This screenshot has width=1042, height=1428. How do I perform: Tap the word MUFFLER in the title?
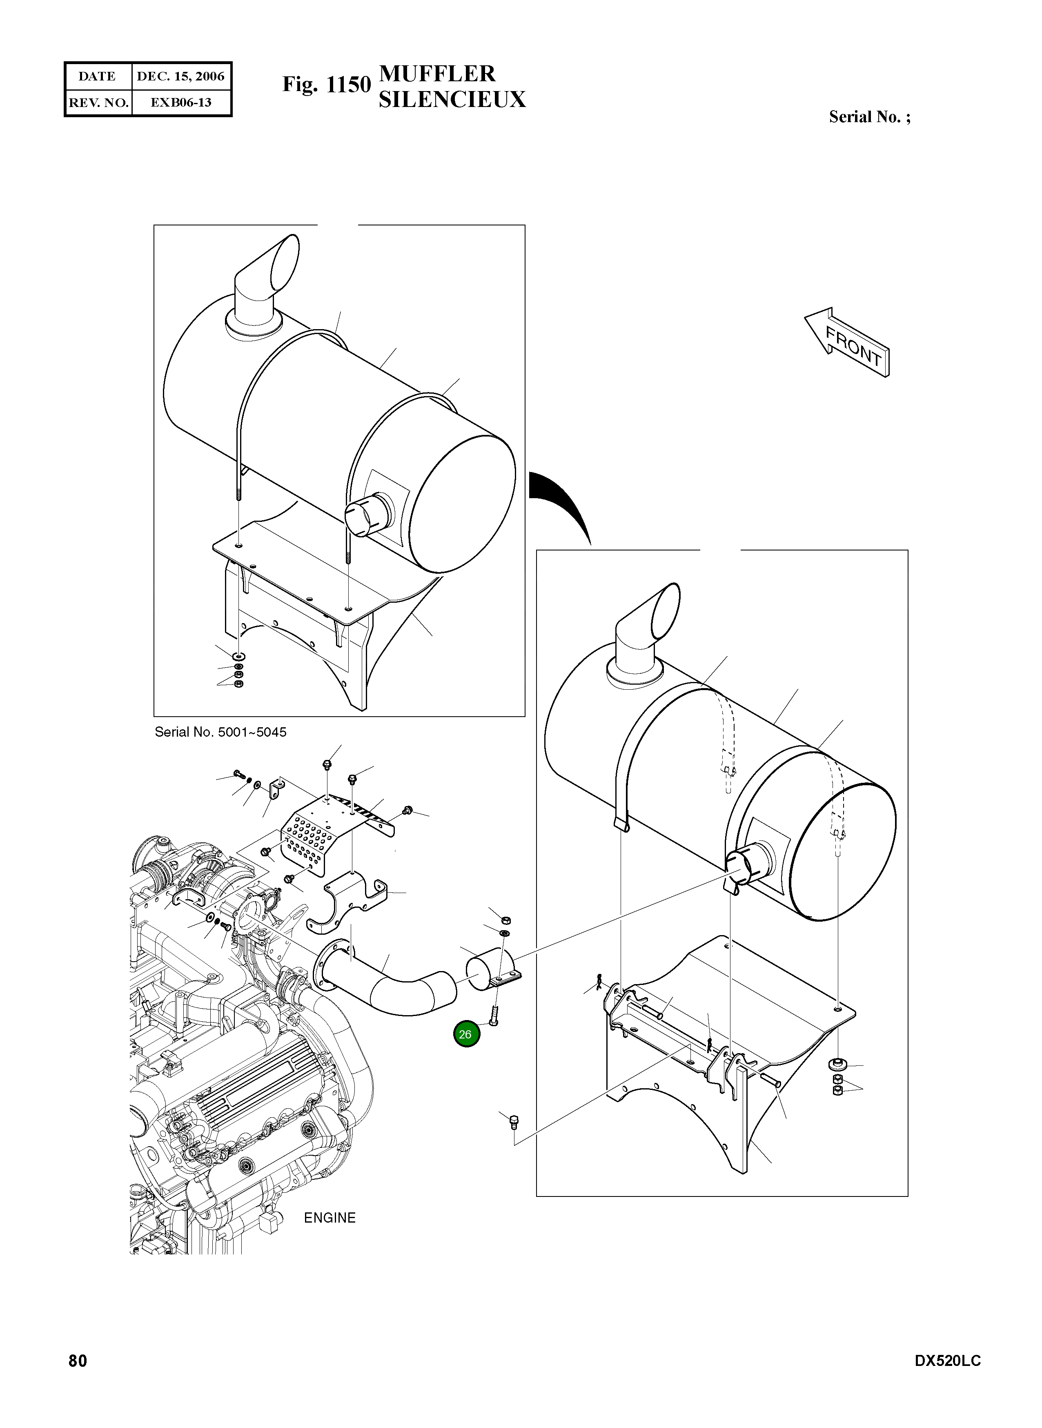click(x=437, y=74)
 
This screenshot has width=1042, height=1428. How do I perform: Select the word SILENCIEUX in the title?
click(x=452, y=100)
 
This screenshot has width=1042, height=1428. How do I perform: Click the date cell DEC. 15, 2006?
click(x=181, y=76)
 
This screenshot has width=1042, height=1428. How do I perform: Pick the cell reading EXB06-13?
click(x=181, y=102)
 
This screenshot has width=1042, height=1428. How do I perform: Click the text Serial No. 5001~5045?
click(x=220, y=732)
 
